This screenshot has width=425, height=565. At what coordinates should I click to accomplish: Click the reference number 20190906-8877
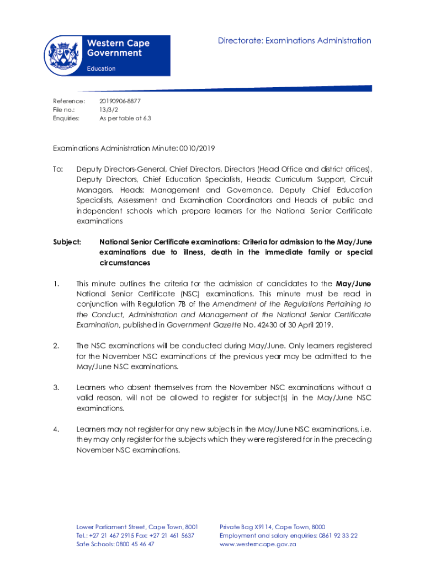(x=120, y=101)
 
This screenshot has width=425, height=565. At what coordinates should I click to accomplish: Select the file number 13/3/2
(x=108, y=109)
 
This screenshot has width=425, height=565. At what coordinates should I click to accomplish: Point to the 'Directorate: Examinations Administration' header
(x=294, y=40)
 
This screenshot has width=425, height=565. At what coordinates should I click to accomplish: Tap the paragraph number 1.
(x=56, y=284)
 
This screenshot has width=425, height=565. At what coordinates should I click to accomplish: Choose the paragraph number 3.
(x=56, y=387)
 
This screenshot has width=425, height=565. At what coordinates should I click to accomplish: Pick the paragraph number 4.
(x=56, y=429)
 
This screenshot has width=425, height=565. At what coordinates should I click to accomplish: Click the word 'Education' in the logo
(x=101, y=68)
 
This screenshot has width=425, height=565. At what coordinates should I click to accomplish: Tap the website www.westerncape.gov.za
(x=258, y=544)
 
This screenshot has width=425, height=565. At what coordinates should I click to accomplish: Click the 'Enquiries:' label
(x=66, y=118)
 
